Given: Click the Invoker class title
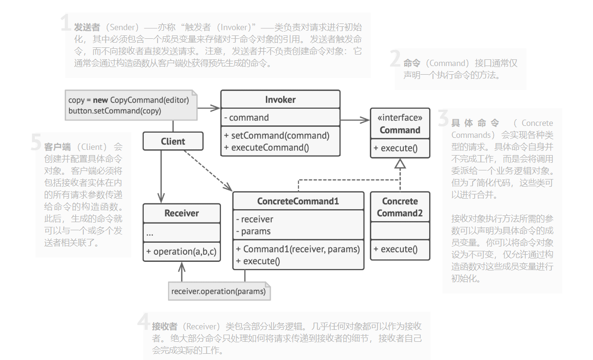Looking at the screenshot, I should pyautogui.click(x=280, y=100).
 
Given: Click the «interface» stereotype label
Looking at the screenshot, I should pyautogui.click(x=400, y=118).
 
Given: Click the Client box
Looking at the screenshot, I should pyautogui.click(x=173, y=141).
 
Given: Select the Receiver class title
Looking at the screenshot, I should pyautogui.click(x=182, y=213).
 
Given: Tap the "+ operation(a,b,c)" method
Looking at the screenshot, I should pyautogui.click(x=182, y=251).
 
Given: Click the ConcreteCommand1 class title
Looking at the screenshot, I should pyautogui.click(x=298, y=201).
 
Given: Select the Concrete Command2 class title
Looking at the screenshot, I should pyautogui.click(x=400, y=207).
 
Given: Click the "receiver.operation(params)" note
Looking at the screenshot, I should pyautogui.click(x=218, y=291).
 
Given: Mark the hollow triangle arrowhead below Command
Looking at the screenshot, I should pyautogui.click(x=400, y=163).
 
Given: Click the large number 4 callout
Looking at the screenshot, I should pyautogui.click(x=144, y=321).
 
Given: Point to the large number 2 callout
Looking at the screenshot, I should pyautogui.click(x=395, y=59).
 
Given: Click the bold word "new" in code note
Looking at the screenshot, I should pyautogui.click(x=100, y=100).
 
